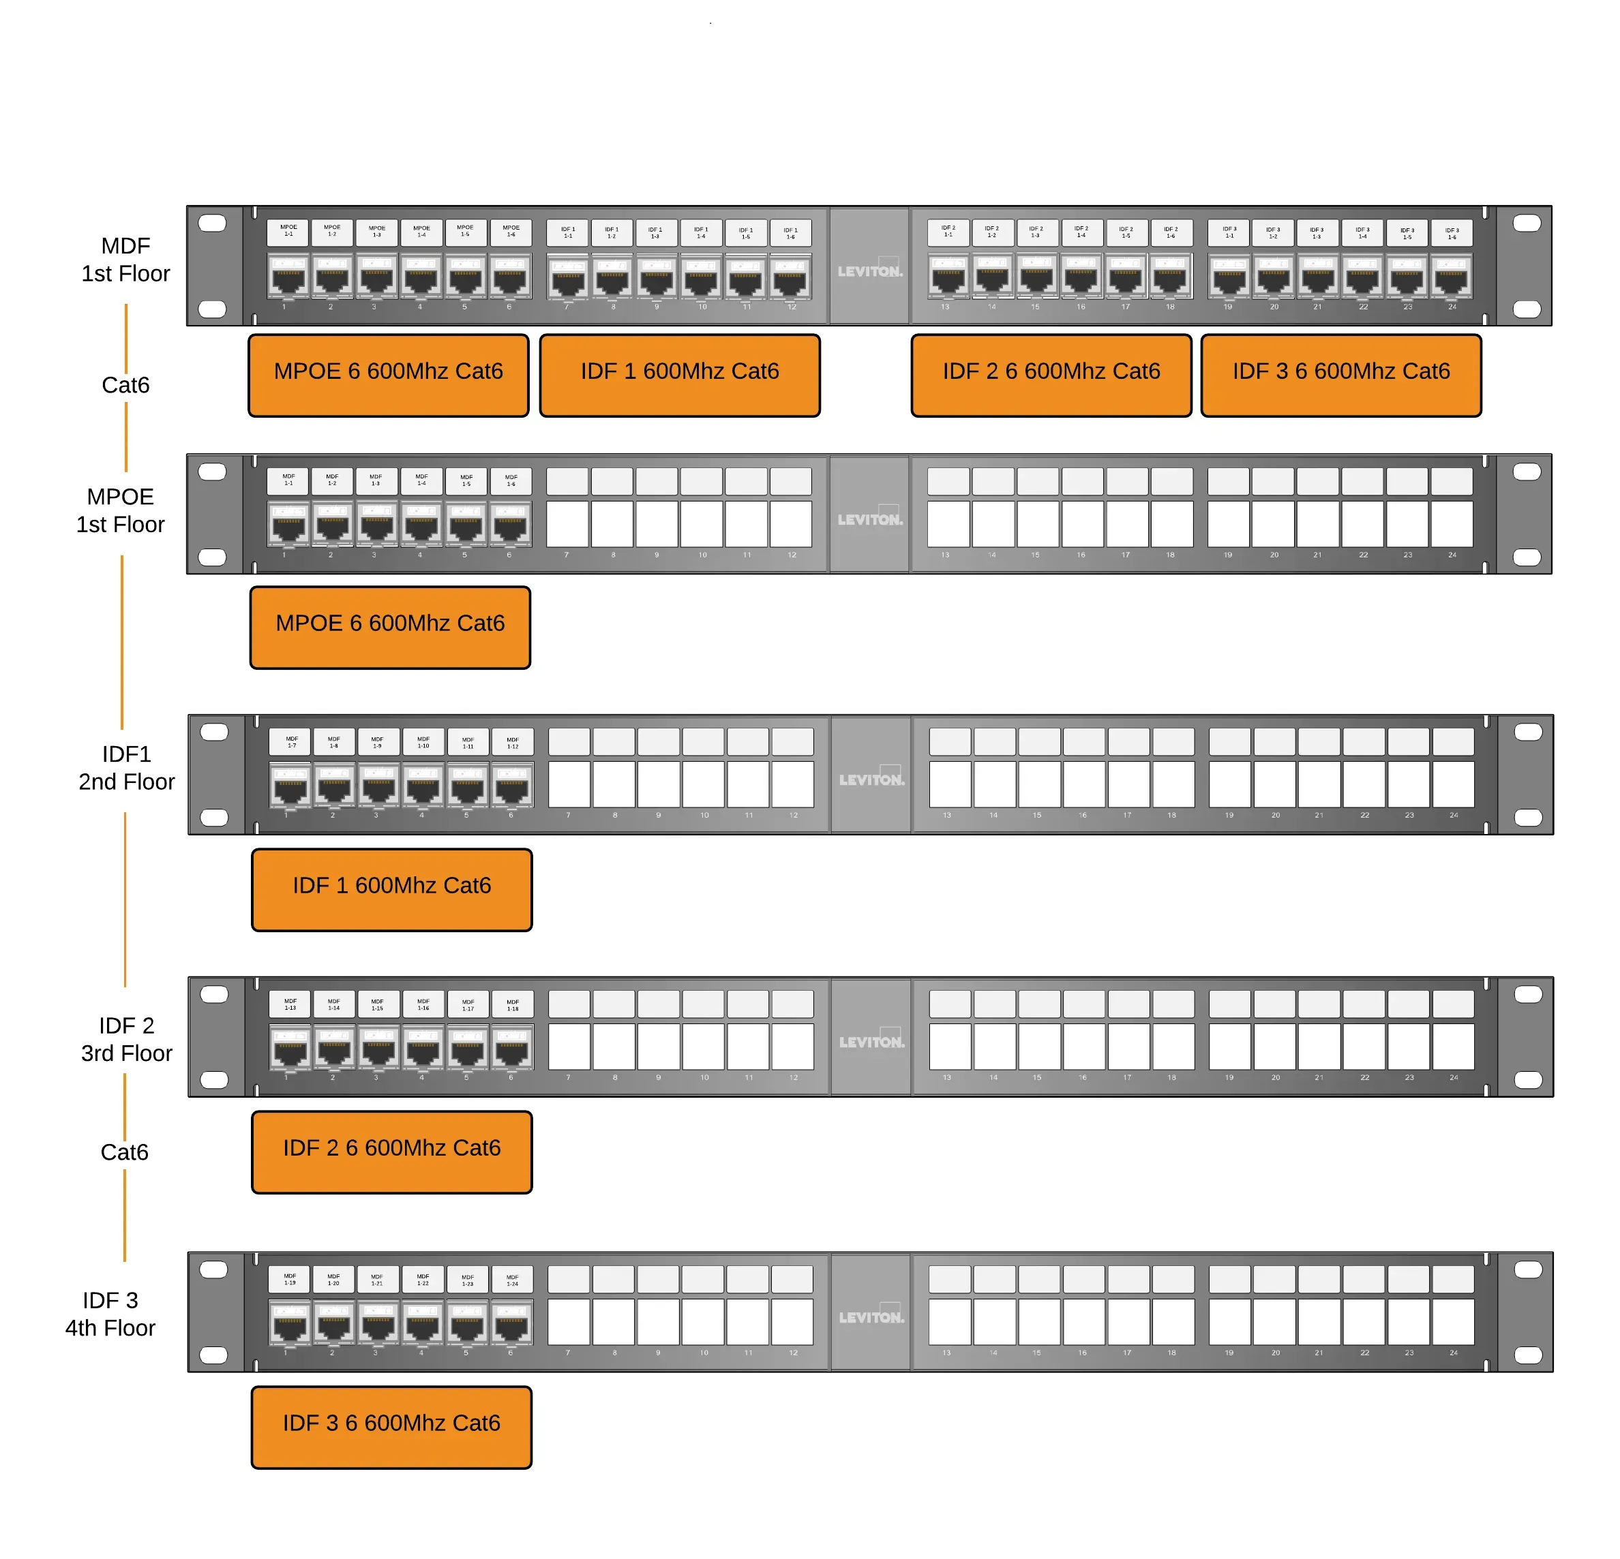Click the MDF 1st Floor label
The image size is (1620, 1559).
coord(125,260)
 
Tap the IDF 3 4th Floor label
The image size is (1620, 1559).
coord(110,1314)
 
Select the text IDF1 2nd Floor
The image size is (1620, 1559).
coord(126,767)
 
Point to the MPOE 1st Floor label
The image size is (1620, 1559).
coord(121,510)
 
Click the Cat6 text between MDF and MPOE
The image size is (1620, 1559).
coord(125,385)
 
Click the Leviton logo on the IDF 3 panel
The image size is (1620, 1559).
coord(871,1316)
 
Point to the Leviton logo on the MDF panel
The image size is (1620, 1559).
coord(869,270)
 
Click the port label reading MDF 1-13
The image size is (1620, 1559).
coord(290,1004)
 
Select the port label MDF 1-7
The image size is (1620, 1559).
coord(291,741)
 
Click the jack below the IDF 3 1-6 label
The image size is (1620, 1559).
coord(1452,277)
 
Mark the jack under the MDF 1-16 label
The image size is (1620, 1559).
coord(423,1047)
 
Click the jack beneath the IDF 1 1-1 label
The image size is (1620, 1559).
coord(568,277)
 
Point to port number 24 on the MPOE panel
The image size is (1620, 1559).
coord(1452,524)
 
